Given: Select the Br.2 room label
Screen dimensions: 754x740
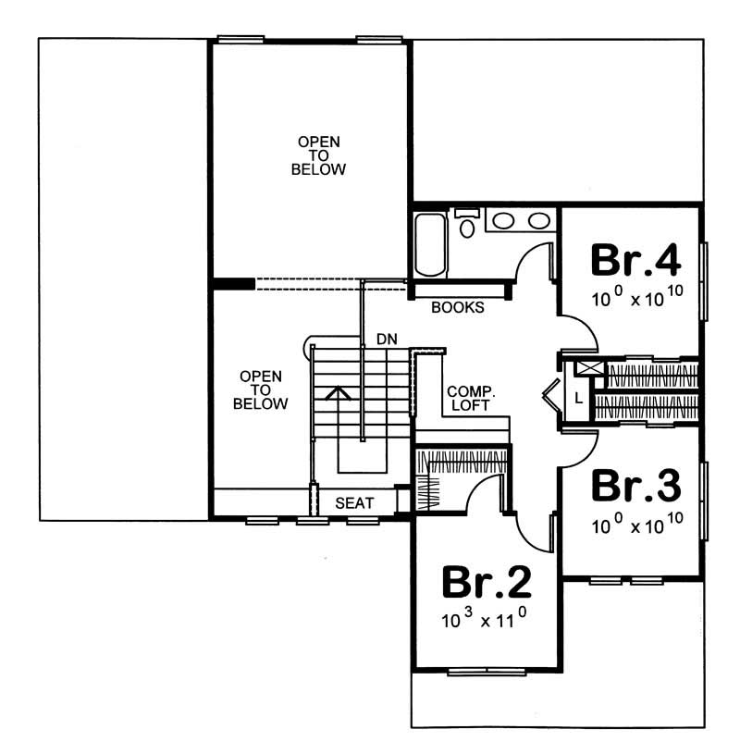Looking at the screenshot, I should tap(486, 581).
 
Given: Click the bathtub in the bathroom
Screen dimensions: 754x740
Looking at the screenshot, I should tap(431, 244).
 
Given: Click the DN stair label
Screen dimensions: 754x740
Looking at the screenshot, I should tap(387, 340).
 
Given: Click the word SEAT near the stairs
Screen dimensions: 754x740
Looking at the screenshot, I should tap(354, 503).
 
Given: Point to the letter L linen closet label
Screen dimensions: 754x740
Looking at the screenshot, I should tap(578, 399).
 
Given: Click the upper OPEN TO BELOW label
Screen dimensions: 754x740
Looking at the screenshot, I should tap(318, 155).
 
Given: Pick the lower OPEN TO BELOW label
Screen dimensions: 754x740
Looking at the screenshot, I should tap(260, 390).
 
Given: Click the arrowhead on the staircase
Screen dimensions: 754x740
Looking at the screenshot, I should tap(339, 392).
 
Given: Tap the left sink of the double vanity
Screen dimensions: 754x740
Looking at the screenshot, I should tap(503, 220).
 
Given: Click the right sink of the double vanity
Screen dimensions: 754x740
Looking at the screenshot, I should tap(537, 220).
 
